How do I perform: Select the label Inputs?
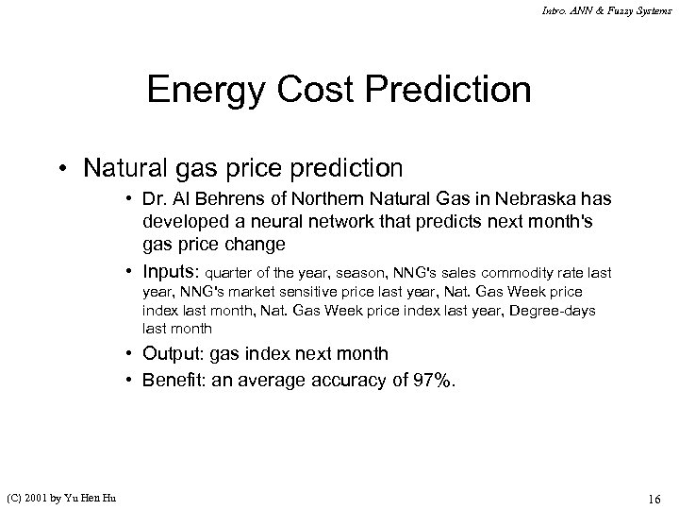click(173, 273)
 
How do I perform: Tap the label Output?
click(174, 353)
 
